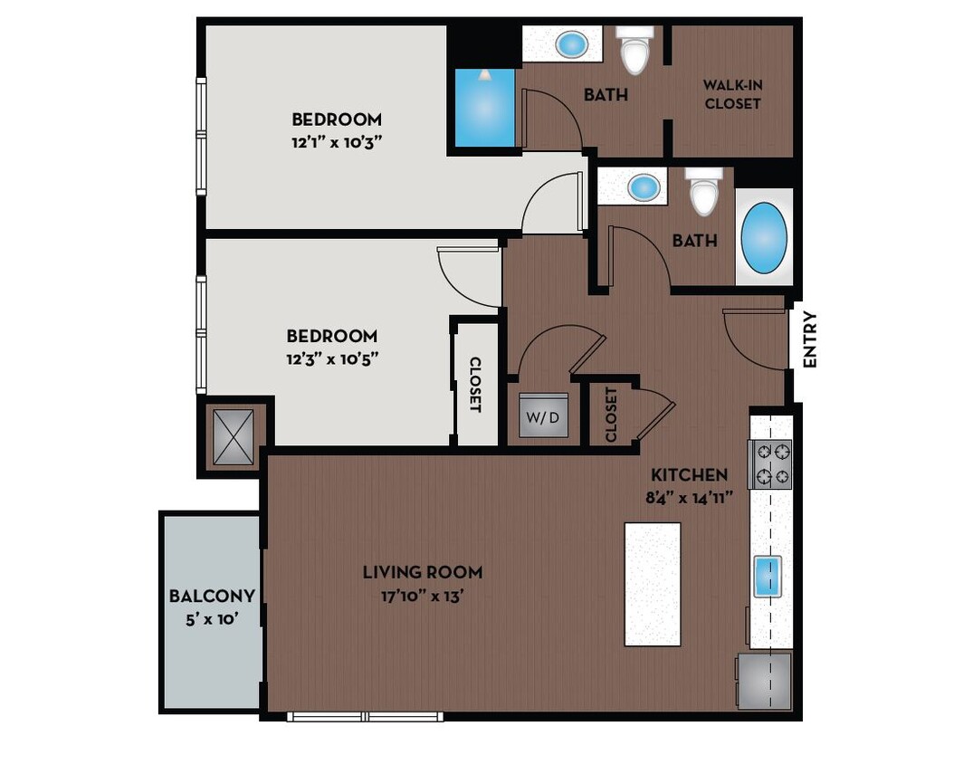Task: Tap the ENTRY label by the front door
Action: (809, 339)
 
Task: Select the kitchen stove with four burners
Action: (769, 463)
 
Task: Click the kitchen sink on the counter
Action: (768, 577)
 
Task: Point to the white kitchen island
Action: (653, 584)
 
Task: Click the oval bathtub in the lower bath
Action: (764, 237)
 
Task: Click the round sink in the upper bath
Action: (570, 43)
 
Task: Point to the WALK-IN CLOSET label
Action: (732, 94)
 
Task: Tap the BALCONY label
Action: (212, 597)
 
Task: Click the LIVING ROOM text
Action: (422, 572)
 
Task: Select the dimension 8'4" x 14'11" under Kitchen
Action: (689, 496)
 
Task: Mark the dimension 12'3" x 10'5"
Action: (331, 358)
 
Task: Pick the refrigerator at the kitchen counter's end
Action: (765, 681)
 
